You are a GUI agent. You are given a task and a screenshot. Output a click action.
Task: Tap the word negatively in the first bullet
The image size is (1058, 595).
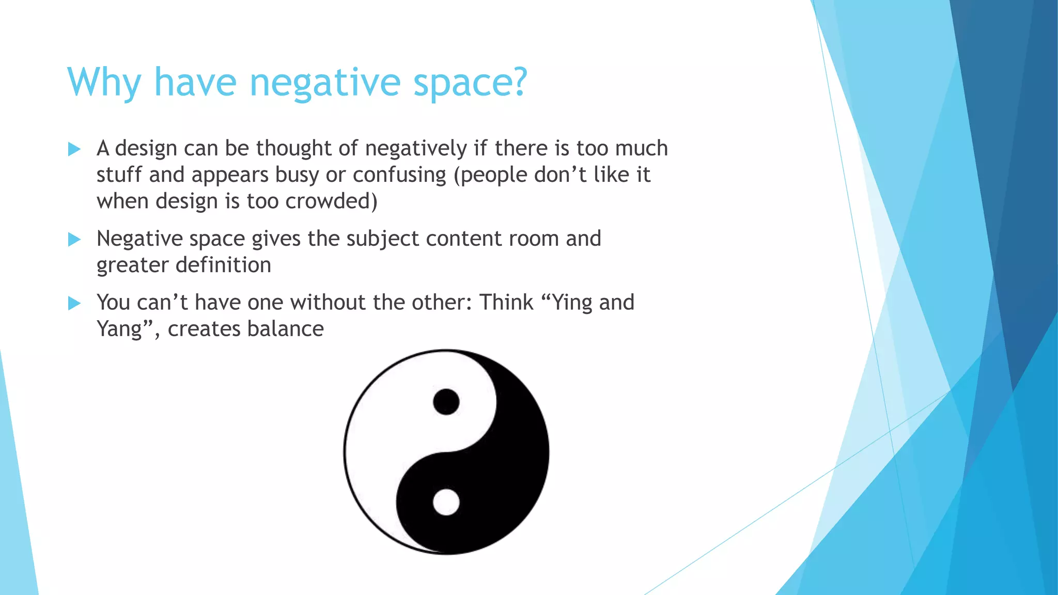point(416,148)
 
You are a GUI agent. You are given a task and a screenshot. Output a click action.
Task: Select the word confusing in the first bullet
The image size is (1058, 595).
point(399,175)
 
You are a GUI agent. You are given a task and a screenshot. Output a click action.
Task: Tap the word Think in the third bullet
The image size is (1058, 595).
point(506,302)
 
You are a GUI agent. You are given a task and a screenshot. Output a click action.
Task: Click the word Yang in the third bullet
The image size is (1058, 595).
point(120,329)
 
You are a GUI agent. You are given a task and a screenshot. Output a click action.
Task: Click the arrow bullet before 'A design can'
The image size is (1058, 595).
point(74,149)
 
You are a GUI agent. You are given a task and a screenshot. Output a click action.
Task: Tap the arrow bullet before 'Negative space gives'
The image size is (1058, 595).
point(74,239)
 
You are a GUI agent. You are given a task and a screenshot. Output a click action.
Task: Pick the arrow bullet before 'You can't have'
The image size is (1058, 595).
point(74,303)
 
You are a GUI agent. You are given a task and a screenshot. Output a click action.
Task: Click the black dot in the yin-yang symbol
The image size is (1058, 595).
point(446,402)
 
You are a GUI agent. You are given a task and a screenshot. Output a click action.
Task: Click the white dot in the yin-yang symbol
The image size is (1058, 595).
point(446,502)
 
